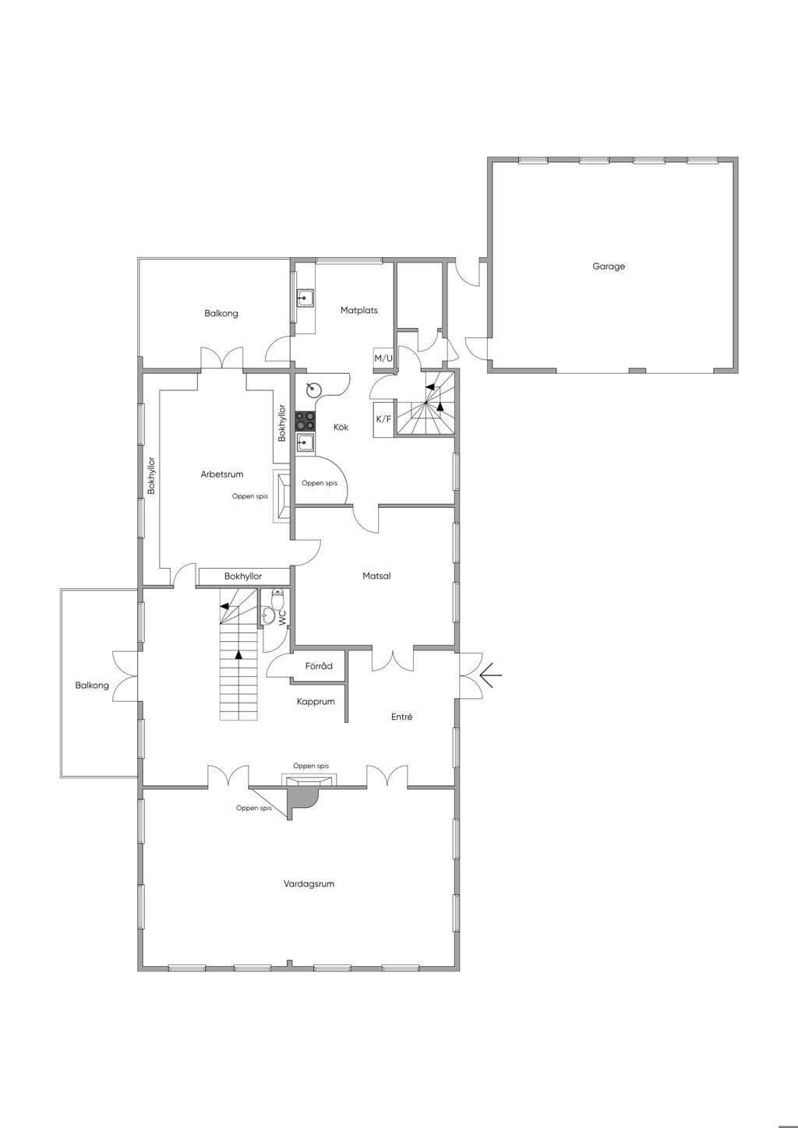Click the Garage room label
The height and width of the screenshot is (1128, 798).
pyautogui.click(x=609, y=266)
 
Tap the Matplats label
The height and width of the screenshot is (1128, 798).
pyautogui.click(x=358, y=310)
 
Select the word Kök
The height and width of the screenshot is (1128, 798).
pyautogui.click(x=341, y=427)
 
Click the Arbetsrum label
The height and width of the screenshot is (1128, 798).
pyautogui.click(x=221, y=474)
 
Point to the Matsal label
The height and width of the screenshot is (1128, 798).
pyautogui.click(x=376, y=576)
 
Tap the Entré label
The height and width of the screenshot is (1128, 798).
pyautogui.click(x=401, y=717)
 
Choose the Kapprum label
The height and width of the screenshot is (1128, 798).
pyautogui.click(x=316, y=701)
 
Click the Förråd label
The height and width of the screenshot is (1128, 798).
pyautogui.click(x=319, y=666)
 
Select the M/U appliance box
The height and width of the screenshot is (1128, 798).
pyautogui.click(x=383, y=358)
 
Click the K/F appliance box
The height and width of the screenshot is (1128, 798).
pyautogui.click(x=383, y=419)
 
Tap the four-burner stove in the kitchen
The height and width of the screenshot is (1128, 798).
pyautogui.click(x=305, y=421)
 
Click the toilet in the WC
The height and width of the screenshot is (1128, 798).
pyautogui.click(x=278, y=598)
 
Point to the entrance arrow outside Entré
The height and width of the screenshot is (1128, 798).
pyautogui.click(x=491, y=675)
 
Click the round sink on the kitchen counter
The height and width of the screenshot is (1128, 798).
pyautogui.click(x=314, y=389)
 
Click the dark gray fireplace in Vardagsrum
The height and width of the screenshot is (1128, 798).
pyautogui.click(x=302, y=798)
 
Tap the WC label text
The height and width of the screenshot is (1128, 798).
pyautogui.click(x=281, y=618)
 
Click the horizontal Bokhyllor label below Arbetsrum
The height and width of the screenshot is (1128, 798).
pyautogui.click(x=243, y=576)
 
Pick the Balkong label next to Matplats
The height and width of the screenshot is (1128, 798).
pyautogui.click(x=221, y=313)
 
